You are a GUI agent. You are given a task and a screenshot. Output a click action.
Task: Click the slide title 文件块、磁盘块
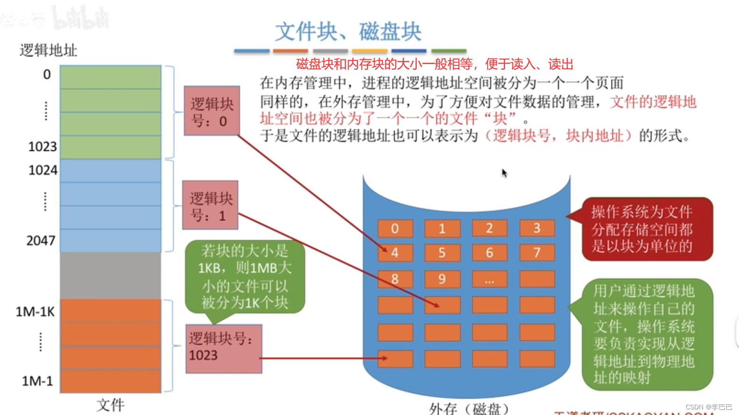348,32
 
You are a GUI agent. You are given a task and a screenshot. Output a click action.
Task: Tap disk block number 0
395,229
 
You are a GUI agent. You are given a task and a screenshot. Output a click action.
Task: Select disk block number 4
395,253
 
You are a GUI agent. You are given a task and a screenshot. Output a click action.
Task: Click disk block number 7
537,253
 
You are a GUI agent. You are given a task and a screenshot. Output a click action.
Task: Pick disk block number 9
442,279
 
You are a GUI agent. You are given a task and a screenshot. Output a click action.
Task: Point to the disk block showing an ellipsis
490,279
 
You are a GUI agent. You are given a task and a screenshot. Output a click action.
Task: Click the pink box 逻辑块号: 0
212,111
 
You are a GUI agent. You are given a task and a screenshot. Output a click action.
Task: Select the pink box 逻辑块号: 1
210,205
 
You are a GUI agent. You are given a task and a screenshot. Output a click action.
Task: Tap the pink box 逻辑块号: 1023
223,349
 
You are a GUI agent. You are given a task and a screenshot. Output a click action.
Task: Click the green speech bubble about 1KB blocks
245,277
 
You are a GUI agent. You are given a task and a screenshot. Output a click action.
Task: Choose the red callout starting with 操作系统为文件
647,229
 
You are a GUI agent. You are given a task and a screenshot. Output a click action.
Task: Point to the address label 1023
42,147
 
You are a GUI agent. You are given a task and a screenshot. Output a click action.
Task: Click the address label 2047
41,241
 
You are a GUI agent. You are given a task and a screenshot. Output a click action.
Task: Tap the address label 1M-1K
35,312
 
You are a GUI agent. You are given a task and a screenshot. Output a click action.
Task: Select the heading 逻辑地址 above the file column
48,50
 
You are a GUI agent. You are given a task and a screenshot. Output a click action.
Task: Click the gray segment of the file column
111,276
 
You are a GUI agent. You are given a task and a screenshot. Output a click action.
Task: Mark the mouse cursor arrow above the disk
504,173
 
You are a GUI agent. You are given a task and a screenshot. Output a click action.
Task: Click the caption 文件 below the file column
110,405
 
